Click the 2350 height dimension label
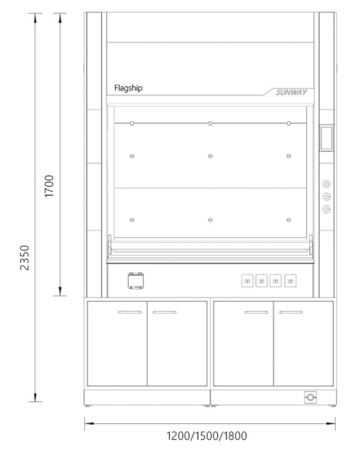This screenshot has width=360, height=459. (x=25, y=257)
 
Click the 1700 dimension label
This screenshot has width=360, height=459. (x=49, y=186)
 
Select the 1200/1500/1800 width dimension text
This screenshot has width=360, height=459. (x=207, y=436)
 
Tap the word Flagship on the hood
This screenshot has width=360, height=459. (x=129, y=88)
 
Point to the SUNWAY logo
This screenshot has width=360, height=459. (x=291, y=92)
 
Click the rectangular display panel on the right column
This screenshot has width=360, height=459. (x=327, y=138)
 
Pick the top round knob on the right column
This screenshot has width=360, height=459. (x=327, y=184)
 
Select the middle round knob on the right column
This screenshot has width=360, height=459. (x=327, y=197)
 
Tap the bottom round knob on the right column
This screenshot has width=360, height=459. (x=327, y=209)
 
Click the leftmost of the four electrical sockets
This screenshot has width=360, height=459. (x=247, y=281)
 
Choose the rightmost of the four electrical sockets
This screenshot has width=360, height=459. (x=291, y=281)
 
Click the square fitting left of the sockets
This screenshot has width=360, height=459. (x=136, y=281)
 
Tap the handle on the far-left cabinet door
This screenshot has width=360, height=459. (x=130, y=312)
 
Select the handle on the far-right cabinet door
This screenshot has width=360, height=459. (x=291, y=312)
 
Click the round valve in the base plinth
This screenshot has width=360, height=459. (x=310, y=397)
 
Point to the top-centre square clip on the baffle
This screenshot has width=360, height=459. (x=211, y=124)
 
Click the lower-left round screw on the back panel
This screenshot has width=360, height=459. (x=132, y=220)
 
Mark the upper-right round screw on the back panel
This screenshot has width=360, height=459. (x=288, y=156)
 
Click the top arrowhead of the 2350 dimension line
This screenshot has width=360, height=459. (x=35, y=18)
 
